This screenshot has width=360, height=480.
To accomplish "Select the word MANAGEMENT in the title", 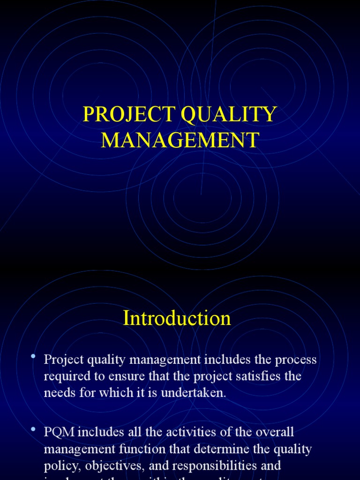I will point(180,140).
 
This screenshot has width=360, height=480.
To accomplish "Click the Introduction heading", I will point(177,319).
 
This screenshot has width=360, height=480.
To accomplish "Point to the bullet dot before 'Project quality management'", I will point(33,357).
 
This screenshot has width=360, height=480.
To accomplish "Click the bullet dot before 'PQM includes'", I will point(33,429).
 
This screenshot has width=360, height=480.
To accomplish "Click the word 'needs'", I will point(58,393).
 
